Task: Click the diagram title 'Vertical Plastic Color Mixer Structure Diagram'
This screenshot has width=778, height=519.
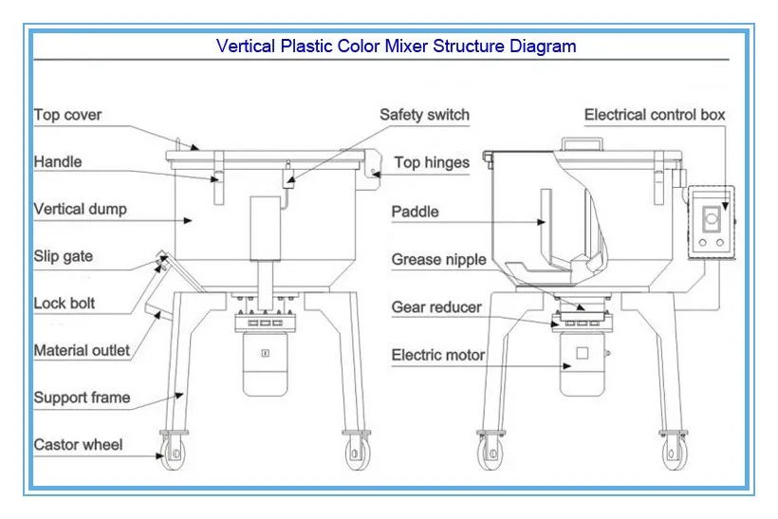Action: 396,46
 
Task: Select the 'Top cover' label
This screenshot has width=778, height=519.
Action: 68,115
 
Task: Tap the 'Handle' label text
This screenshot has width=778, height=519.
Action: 58,161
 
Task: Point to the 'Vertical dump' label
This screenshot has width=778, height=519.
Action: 81,209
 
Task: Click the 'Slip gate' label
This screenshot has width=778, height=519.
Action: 64,256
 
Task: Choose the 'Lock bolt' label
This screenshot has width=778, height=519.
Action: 65,304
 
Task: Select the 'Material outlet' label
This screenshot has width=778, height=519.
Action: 83,350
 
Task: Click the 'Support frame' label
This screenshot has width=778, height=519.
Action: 83,398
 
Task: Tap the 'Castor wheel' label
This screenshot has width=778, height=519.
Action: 79,444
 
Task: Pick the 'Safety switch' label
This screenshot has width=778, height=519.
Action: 424,115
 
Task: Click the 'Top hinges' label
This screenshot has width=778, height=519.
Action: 432,162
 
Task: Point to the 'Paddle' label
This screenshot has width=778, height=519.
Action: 416,212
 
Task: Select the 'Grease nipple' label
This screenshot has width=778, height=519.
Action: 439,259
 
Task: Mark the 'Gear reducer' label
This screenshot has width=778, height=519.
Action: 436,307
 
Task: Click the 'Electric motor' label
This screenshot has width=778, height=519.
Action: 438,355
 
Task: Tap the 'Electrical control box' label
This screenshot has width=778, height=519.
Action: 655,115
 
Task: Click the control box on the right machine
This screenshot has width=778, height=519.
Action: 712,220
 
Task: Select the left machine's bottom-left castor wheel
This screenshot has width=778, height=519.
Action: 173,452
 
